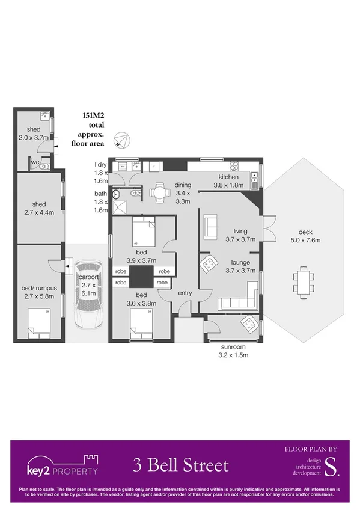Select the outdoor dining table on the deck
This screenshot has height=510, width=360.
click(304, 281)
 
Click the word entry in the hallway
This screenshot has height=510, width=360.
click(185, 293)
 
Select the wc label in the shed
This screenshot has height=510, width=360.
click(35, 162)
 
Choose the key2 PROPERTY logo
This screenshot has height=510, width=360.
click(62, 465)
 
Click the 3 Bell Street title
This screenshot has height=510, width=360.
click(181, 465)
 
